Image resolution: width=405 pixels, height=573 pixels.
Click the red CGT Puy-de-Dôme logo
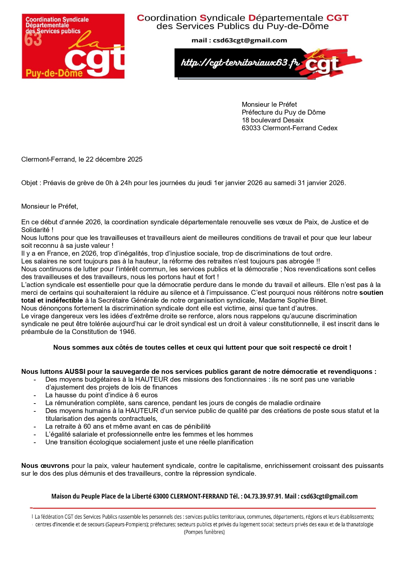pyautogui.click(x=73, y=46)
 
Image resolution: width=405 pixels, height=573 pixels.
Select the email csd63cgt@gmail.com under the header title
pyautogui.click(x=250, y=40)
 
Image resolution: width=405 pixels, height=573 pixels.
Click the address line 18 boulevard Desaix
pyautogui.click(x=273, y=120)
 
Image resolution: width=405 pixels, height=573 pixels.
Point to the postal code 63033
pyautogui.click(x=251, y=128)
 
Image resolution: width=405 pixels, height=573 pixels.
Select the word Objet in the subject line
pyautogui.click(x=29, y=183)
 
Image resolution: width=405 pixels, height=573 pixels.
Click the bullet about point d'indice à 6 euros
pyautogui.click(x=101, y=395)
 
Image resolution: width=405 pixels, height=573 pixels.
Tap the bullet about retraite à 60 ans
pyautogui.click(x=128, y=426)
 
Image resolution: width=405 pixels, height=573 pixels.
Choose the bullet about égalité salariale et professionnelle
pyautogui.click(x=149, y=434)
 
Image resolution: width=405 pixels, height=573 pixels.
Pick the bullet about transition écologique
pyautogui.click(x=149, y=442)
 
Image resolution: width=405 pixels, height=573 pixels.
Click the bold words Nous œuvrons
pyautogui.click(x=45, y=466)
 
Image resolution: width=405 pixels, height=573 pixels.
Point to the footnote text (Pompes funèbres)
pyautogui.click(x=204, y=532)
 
